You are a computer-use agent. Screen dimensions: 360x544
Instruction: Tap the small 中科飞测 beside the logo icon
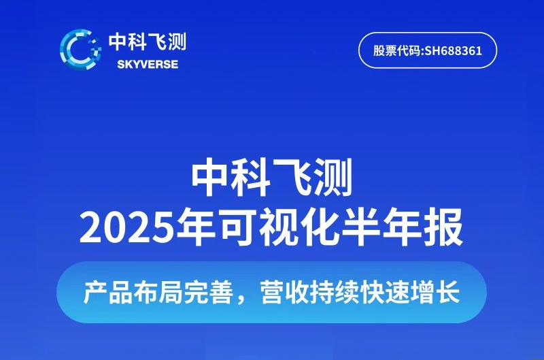tap(147, 43)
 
